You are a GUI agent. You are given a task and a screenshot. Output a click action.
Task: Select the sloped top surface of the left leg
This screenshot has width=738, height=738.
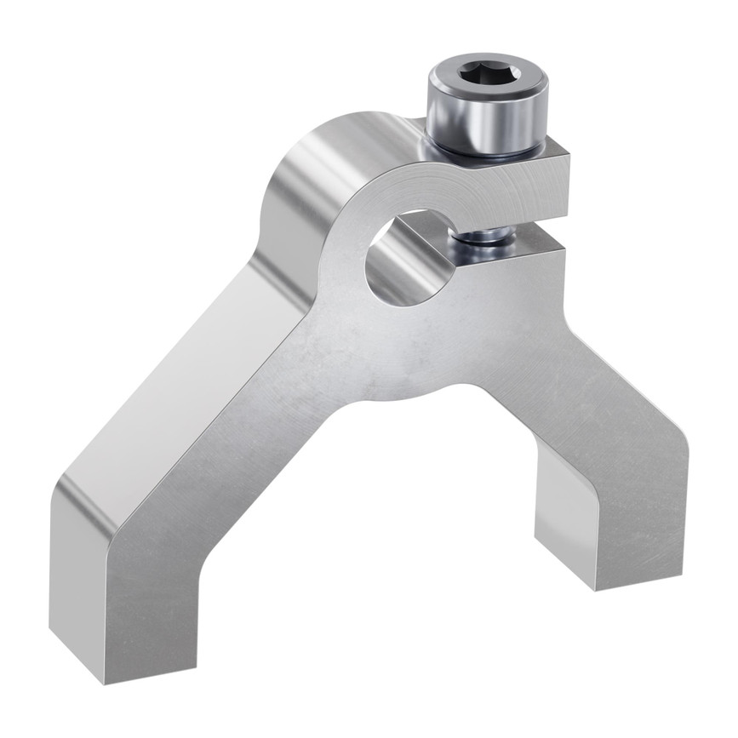[170, 383]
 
